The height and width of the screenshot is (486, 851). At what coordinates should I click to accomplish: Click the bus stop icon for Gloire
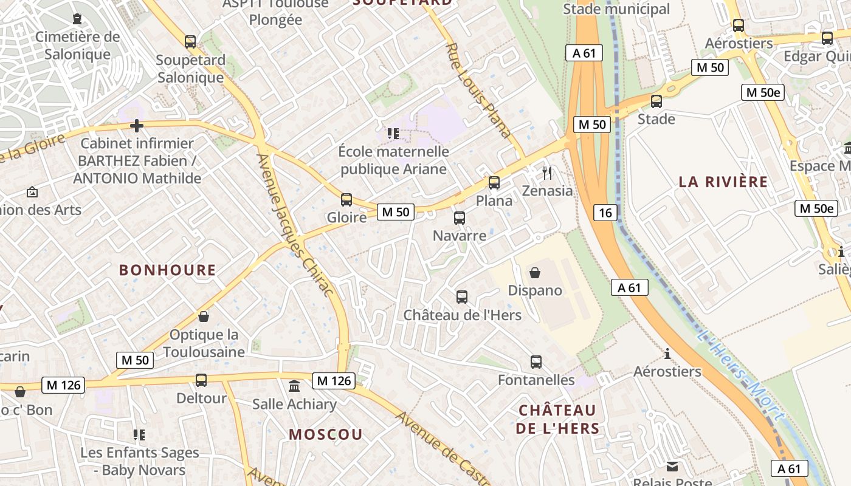(346, 199)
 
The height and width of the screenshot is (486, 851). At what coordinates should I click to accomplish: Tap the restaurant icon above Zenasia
(547, 173)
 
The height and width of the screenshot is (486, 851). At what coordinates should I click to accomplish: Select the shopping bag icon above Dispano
(535, 273)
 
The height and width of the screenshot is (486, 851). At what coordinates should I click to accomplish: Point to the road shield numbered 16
(605, 212)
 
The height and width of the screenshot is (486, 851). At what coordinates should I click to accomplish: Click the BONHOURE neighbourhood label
(167, 270)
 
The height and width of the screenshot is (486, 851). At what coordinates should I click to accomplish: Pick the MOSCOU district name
(326, 434)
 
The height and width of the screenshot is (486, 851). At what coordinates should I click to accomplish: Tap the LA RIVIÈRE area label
(723, 182)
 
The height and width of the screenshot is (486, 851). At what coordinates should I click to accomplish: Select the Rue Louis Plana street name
(478, 91)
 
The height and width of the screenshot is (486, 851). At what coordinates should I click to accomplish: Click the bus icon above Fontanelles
(536, 362)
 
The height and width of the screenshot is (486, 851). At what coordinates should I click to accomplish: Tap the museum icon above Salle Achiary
(294, 386)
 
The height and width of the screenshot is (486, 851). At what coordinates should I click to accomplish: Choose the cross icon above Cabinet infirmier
(137, 126)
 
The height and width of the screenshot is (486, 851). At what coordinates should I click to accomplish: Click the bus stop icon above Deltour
(201, 380)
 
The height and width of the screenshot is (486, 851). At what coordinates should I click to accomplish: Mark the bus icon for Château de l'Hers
(462, 297)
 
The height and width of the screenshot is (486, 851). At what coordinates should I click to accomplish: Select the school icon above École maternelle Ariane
(393, 133)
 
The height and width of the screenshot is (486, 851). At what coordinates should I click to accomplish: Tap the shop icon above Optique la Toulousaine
(204, 317)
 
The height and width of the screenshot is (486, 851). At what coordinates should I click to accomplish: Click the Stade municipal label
(616, 9)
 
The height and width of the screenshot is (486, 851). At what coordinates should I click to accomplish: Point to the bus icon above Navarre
(460, 217)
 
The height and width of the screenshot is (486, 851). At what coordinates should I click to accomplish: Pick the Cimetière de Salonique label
(77, 46)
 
